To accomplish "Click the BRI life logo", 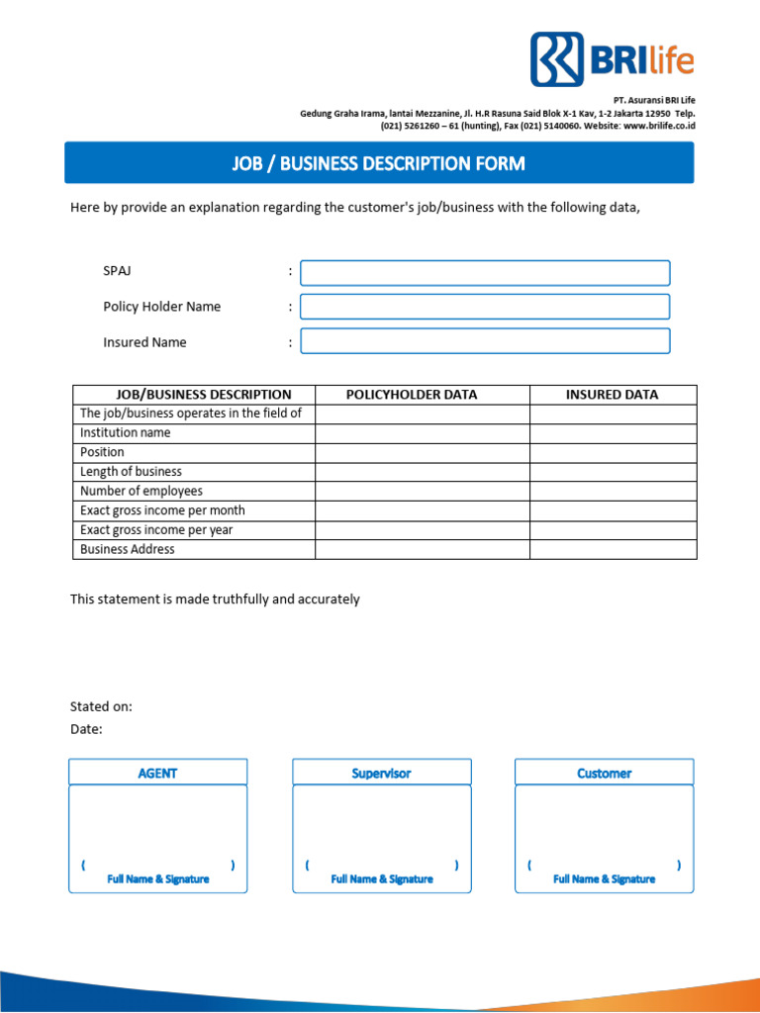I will pos(612,59).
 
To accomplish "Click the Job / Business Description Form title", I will pos(379,163).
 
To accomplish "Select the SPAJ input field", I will pos(485,273).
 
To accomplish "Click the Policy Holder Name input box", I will pos(485,307).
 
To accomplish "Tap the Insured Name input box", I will pos(485,341).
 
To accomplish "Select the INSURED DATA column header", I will pos(613,395).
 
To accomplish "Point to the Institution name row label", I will pos(126,433).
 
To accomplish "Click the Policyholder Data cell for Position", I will pos(423,452).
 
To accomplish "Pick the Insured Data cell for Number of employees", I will pos(613,492).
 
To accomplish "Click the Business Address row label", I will pos(128,549).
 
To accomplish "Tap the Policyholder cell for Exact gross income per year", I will pos(423,530).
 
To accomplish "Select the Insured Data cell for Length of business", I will pos(613,472).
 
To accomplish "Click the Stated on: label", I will pos(101,706).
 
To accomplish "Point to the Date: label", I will pos(86,729).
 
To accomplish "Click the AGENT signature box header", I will pos(157,773).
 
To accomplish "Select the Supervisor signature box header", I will pos(381,773).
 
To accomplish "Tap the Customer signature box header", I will pos(604,773).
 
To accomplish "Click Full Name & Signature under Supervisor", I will pos(381,879).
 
